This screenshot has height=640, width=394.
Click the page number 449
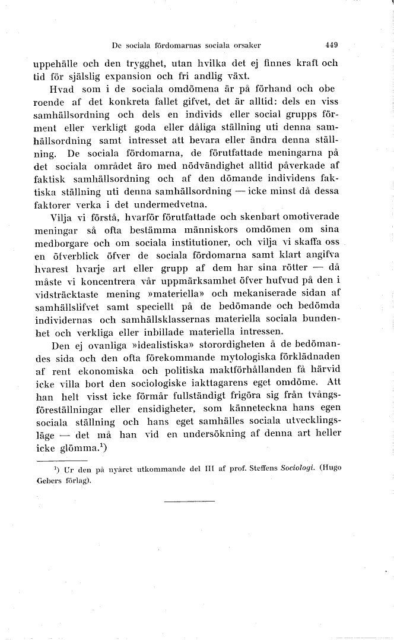[x=331, y=45]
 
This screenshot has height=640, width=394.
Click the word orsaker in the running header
[x=245, y=45]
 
